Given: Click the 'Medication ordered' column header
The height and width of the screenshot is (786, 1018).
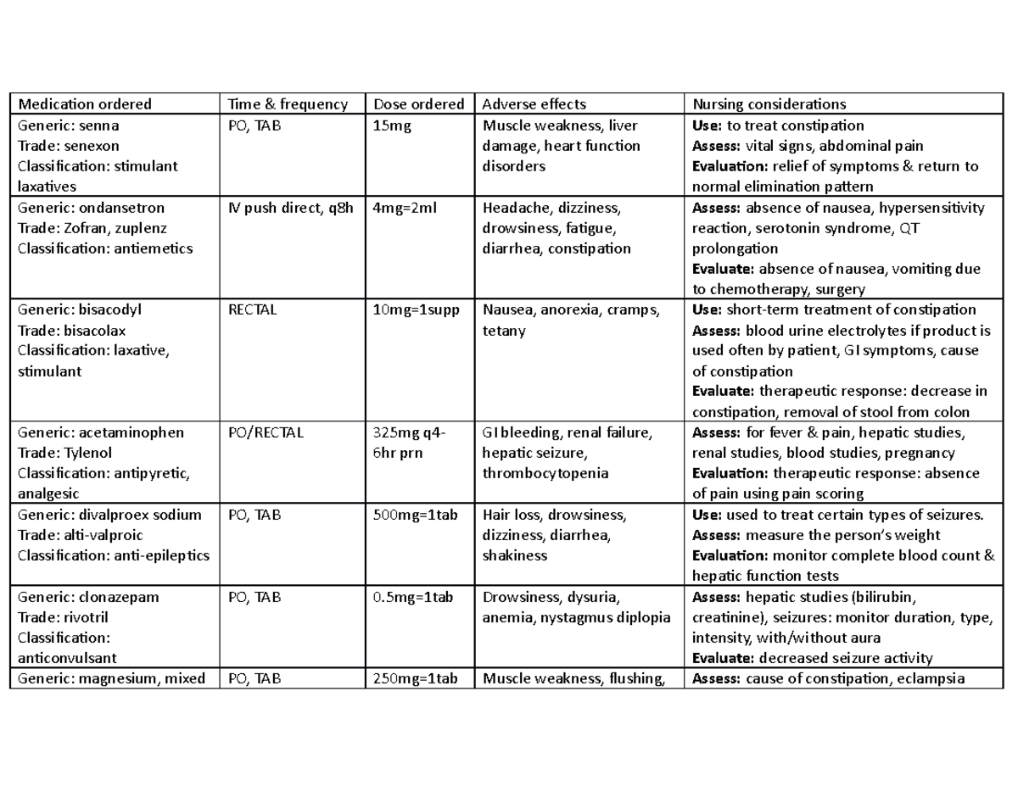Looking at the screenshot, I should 84,104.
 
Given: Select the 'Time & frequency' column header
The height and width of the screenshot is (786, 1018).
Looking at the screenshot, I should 288,104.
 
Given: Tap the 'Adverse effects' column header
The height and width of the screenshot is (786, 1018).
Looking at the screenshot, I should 534,104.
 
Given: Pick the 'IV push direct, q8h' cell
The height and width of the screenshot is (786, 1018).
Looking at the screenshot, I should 290,208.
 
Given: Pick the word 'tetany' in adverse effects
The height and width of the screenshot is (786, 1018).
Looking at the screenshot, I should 504,331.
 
